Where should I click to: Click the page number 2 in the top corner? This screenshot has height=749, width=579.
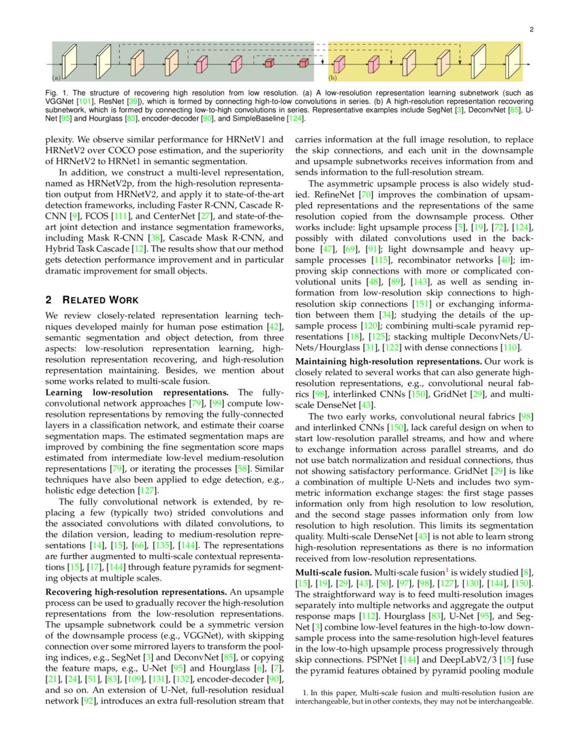pos(531,29)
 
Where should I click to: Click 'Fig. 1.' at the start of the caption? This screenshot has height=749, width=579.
pos(57,93)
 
